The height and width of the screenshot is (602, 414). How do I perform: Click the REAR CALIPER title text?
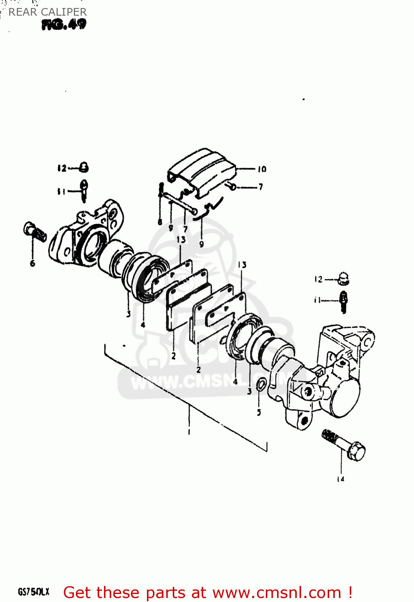click(x=47, y=12)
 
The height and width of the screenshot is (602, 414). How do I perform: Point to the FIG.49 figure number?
click(x=64, y=25)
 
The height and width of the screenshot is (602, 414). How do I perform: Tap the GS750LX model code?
click(x=33, y=592)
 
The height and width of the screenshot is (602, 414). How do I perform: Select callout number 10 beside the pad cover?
click(x=262, y=169)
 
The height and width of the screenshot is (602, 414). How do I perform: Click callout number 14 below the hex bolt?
click(x=341, y=479)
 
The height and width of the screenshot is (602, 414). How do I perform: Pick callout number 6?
click(x=33, y=263)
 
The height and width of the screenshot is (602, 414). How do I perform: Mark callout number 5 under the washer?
click(x=259, y=412)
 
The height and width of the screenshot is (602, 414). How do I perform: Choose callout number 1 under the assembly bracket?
click(x=189, y=432)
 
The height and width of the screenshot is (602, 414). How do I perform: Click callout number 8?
click(x=160, y=222)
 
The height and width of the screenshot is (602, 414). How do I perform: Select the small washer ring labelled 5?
click(x=261, y=384)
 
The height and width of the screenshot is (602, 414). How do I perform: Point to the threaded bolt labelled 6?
click(x=35, y=232)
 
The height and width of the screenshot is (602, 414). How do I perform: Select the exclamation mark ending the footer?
click(x=350, y=592)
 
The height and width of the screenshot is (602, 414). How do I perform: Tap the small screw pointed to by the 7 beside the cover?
click(x=232, y=186)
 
